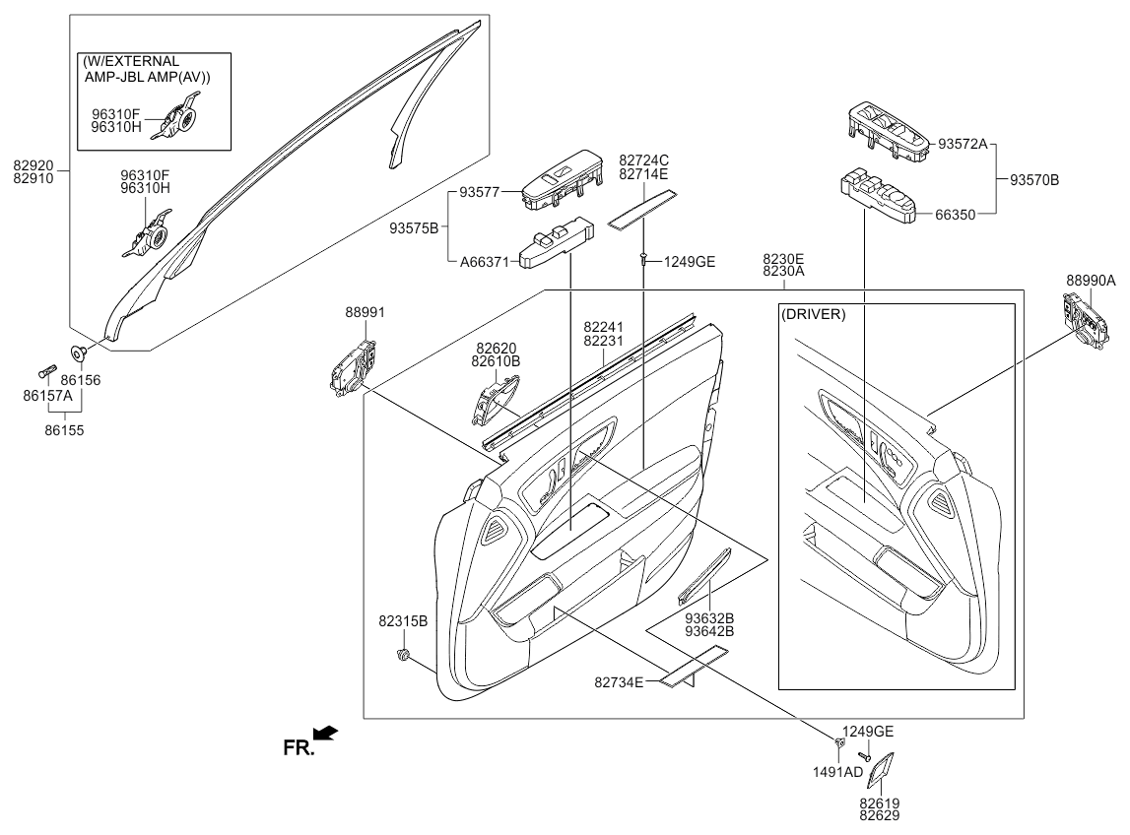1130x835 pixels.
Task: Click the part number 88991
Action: pos(365,312)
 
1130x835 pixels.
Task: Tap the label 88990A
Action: pos(1091,280)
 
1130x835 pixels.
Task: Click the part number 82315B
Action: pos(402,621)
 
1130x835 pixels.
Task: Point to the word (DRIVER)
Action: pos(813,314)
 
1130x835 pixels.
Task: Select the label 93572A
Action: pos(963,143)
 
